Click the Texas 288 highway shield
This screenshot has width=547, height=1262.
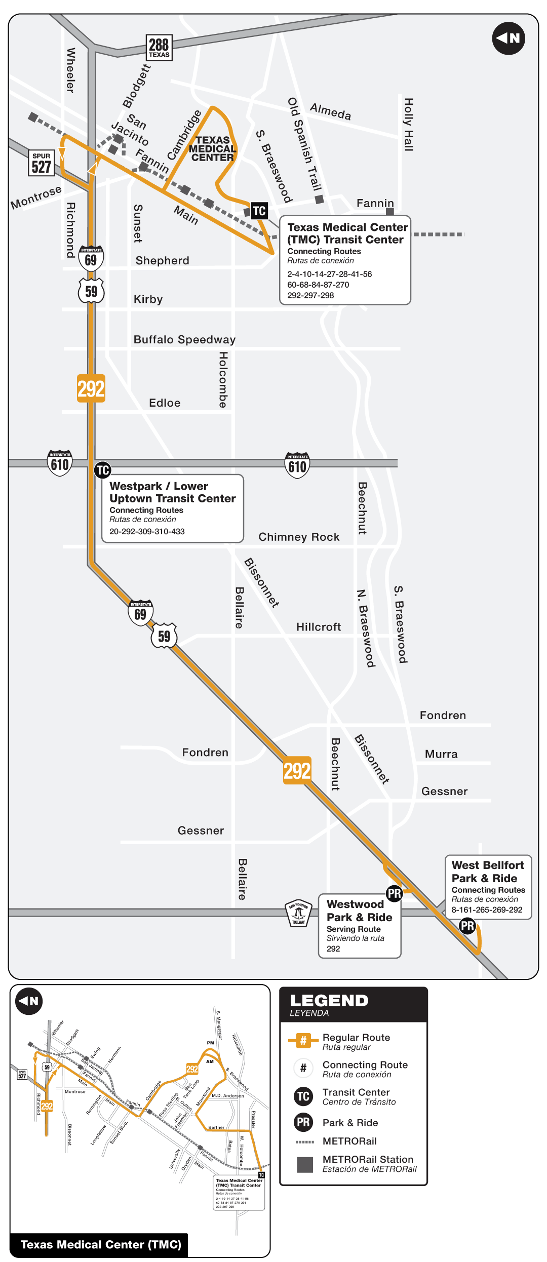coord(159,48)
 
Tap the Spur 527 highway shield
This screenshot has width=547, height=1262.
coord(41,163)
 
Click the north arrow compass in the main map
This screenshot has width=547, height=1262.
coord(508,38)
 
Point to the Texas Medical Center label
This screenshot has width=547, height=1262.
coord(212,148)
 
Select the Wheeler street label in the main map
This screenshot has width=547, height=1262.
coord(71,70)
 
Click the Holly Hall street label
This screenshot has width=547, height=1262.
coord(409,125)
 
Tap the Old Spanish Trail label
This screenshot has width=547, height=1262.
coord(304,144)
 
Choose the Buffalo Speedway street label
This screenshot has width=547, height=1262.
coord(184,339)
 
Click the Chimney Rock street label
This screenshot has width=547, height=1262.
coord(299,537)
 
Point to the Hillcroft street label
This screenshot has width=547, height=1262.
coord(319,627)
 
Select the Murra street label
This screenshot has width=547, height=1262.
coord(441,754)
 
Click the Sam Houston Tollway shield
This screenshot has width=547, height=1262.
coord(299,913)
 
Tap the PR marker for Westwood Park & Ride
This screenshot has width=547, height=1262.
coord(394,894)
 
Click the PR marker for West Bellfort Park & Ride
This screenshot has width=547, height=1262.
coord(467,926)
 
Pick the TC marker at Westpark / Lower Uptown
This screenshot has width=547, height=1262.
coord(103,470)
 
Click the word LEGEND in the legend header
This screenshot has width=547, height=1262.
coord(329,1001)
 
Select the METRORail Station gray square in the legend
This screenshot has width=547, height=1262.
coord(305,1164)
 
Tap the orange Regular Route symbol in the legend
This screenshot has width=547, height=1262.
coord(303,1041)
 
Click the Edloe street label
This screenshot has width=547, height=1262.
coord(165,403)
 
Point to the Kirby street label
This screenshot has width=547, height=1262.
coord(148,299)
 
